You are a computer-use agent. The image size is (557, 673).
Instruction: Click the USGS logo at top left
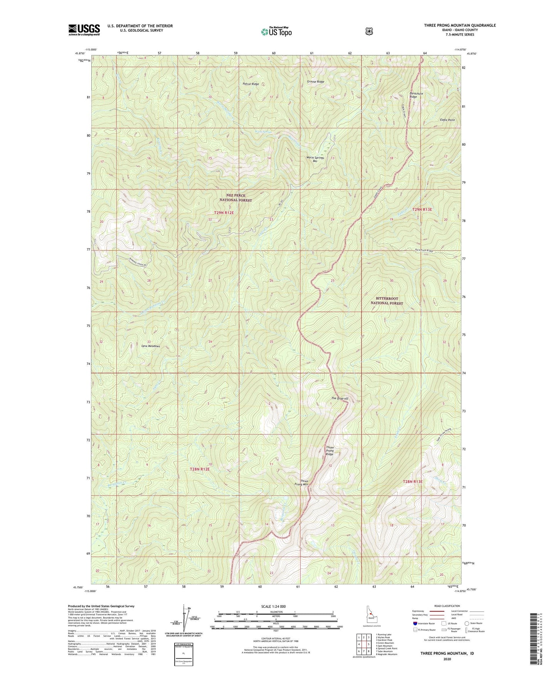point(84,30)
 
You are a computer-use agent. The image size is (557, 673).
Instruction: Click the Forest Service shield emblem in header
point(369,31)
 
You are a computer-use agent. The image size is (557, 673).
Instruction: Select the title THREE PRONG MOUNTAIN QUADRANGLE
point(459,25)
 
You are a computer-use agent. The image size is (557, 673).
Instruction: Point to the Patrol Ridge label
point(251,84)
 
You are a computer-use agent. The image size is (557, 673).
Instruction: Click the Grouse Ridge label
point(315,82)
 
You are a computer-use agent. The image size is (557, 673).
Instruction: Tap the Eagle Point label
point(447,120)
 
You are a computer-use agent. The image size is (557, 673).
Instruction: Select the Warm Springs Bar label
point(315,159)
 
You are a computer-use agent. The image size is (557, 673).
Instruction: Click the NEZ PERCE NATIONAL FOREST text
point(236,198)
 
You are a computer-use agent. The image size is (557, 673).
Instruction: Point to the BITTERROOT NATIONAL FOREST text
point(387,301)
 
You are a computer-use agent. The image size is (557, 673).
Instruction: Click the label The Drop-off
point(340,398)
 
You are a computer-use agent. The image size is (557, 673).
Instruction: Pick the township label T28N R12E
point(200,469)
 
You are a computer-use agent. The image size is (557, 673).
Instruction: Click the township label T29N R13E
point(422,210)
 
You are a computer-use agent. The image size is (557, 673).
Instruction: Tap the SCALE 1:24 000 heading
point(273,606)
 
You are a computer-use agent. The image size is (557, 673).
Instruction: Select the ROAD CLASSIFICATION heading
point(447,606)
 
